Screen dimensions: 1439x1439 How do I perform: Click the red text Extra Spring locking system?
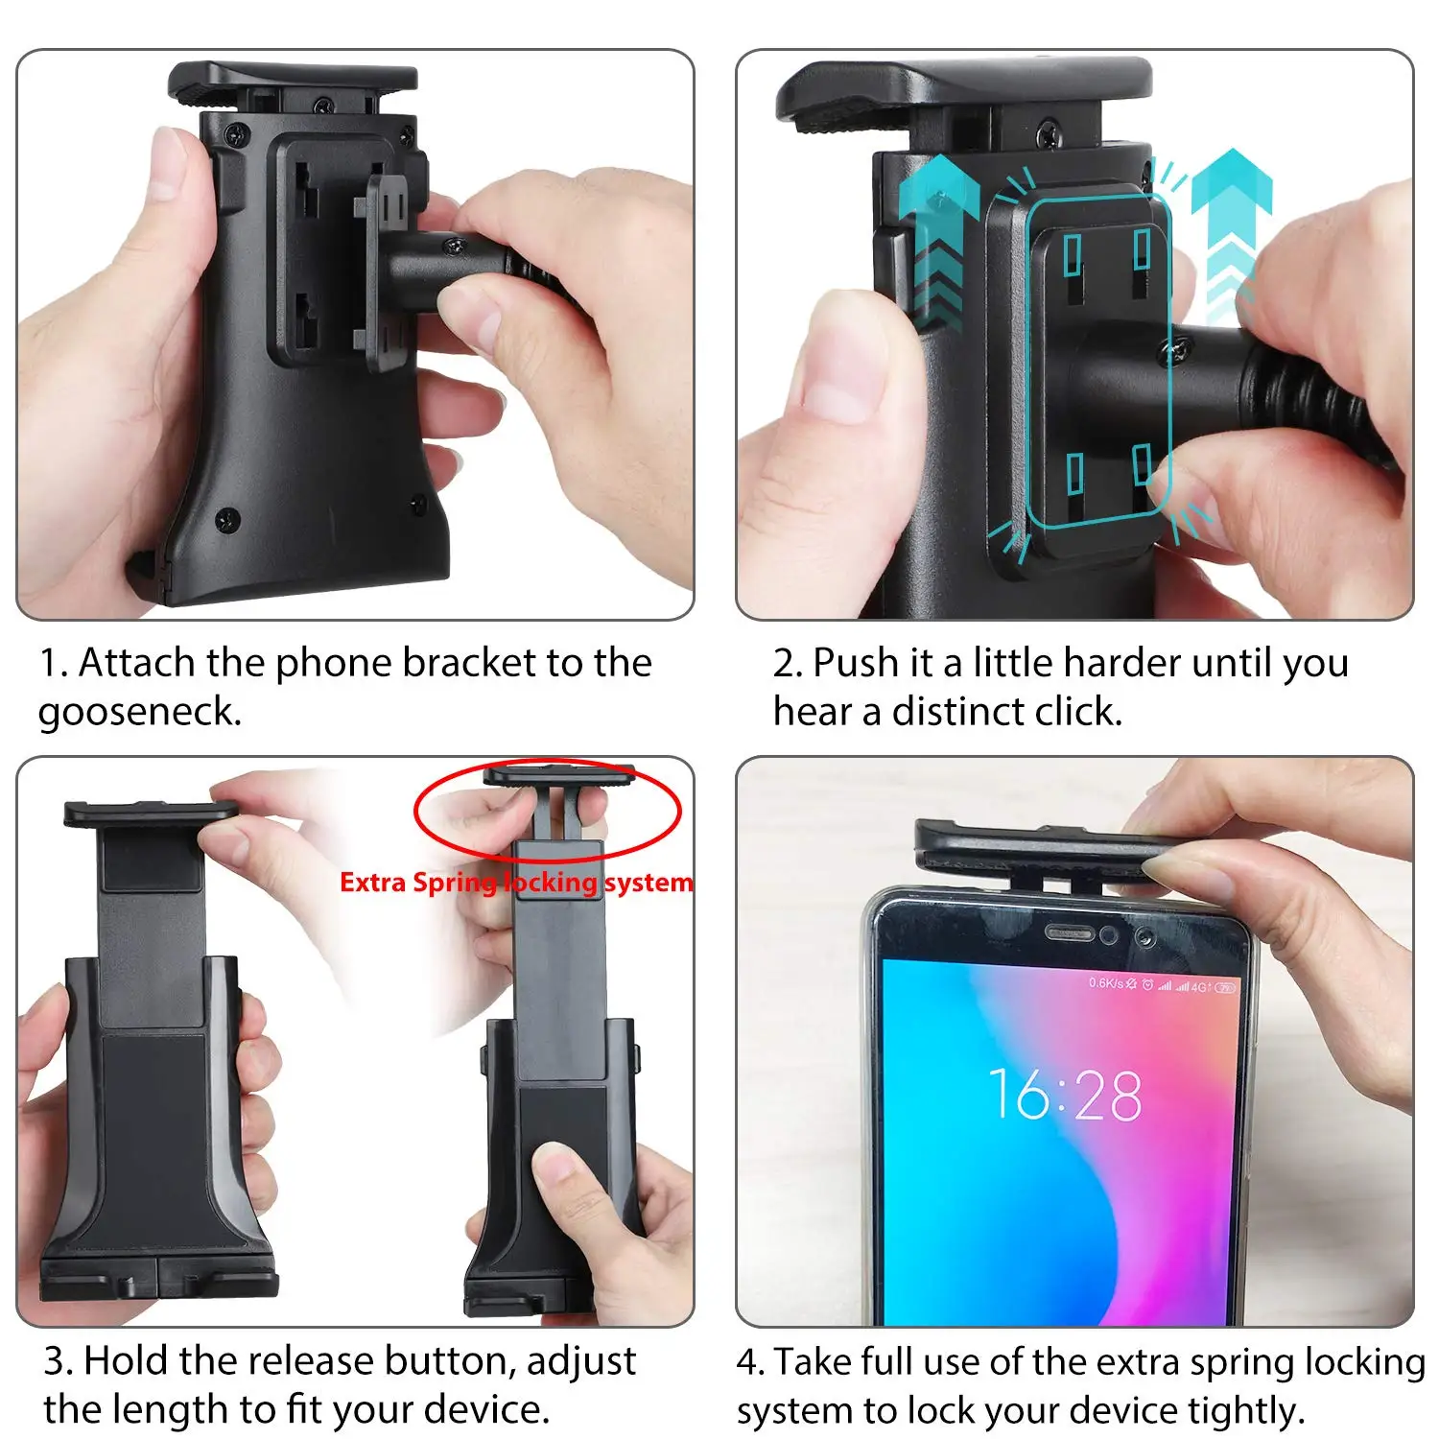pos(516,882)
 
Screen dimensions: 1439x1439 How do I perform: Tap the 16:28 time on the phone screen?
pos(1065,1095)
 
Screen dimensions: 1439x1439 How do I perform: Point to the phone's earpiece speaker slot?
pos(1069,932)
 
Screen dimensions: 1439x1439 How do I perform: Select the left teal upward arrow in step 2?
pos(937,240)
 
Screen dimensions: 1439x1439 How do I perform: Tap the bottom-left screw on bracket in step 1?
pos(227,519)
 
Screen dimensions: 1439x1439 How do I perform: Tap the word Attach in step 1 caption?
pos(137,663)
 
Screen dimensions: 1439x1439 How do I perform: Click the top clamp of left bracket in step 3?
pos(150,814)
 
